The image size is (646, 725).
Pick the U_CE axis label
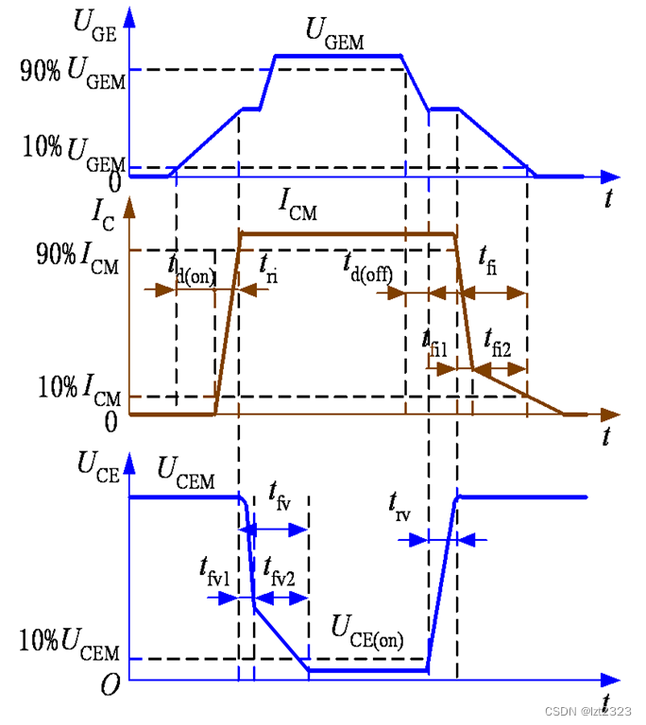pos(99,469)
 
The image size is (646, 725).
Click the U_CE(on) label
pos(366,629)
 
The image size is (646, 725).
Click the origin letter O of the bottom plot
pos(110,685)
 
